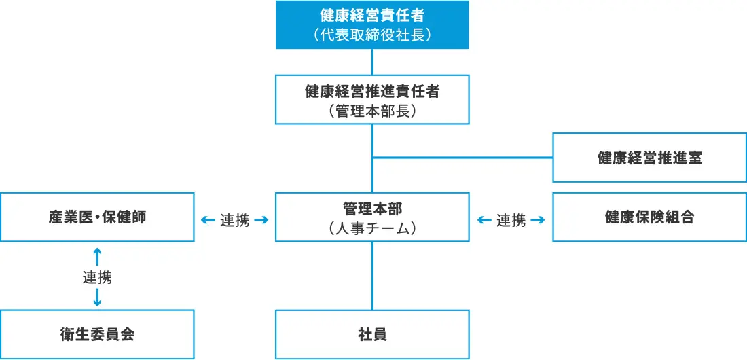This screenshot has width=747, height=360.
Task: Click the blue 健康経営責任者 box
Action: [372, 24]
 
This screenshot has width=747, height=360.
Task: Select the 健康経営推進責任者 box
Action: [372, 99]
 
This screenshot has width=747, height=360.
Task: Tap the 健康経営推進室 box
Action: [649, 158]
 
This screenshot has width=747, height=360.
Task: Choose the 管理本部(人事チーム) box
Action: [372, 217]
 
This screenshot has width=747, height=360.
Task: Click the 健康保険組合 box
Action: [649, 217]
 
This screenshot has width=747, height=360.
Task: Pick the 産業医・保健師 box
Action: [97, 217]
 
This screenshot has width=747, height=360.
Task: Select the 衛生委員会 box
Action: [97, 334]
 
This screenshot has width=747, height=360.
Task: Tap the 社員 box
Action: [372, 334]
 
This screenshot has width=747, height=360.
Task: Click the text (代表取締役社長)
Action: [372, 35]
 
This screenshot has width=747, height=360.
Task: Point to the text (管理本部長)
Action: [372, 110]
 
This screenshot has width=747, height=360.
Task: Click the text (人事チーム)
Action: [372, 229]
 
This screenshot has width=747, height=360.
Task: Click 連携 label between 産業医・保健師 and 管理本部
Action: [234, 220]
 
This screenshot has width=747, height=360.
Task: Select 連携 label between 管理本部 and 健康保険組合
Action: [511, 220]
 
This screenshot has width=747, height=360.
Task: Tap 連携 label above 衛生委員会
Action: [97, 277]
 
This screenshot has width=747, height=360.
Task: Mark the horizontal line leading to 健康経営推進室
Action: [462, 158]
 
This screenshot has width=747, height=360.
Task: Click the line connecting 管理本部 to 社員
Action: [372, 275]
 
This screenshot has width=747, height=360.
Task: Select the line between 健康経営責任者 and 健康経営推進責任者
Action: [372, 62]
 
